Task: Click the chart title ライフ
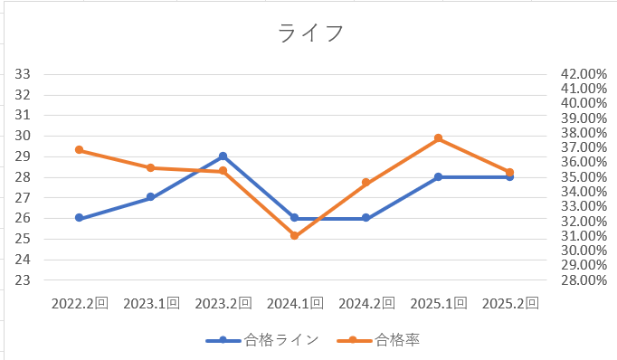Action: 309,33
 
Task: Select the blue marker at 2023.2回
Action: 223,156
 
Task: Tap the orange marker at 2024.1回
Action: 294,236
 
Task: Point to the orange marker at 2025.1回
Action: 438,138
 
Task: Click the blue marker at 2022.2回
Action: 80,218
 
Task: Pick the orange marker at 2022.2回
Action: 80,150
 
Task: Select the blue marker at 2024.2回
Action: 366,218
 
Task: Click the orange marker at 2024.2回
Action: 366,183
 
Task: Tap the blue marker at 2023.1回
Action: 151,197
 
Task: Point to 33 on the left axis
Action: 24,74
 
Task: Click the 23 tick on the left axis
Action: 24,280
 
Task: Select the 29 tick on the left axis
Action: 24,156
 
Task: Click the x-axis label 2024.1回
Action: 294,303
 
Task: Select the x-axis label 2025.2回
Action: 509,303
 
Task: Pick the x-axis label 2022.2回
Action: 80,303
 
